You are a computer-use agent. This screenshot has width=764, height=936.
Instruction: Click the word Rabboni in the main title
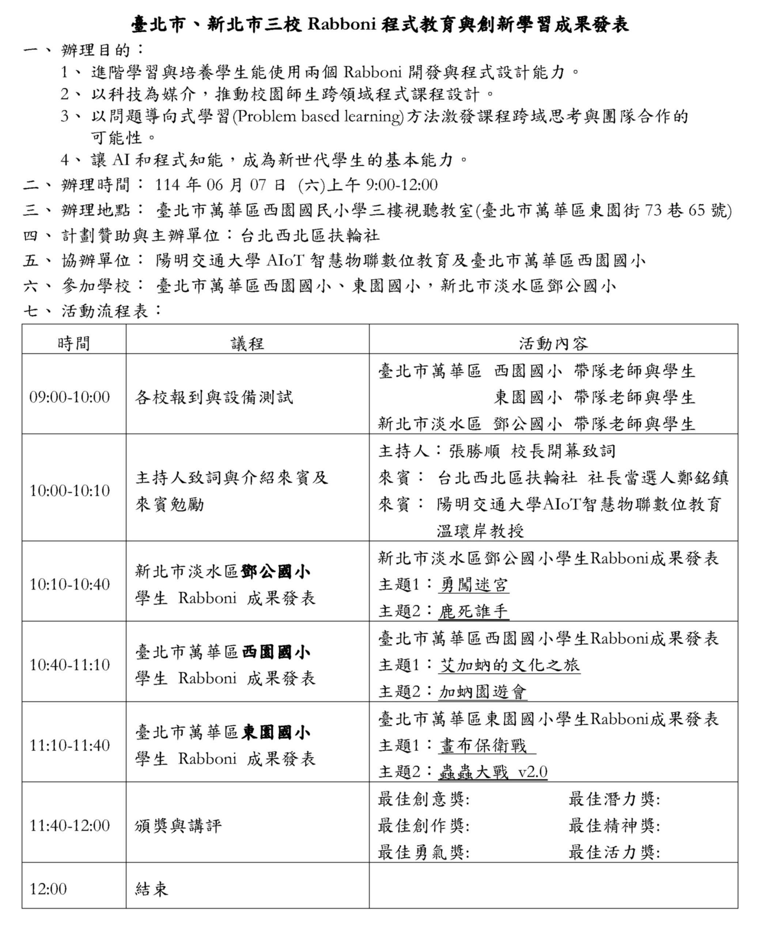[341, 24]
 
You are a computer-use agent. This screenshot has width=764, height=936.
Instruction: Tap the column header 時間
[73, 343]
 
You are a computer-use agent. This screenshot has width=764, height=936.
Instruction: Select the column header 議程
[247, 343]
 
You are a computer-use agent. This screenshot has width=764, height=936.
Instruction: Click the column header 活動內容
[553, 343]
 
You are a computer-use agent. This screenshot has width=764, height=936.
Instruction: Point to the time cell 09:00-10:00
[69, 397]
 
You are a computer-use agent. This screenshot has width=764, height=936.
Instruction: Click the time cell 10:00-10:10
[69, 490]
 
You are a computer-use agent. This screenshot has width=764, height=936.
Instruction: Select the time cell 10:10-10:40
[69, 584]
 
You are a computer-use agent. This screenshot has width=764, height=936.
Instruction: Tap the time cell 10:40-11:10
[69, 664]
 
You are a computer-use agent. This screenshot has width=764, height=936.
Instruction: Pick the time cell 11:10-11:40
[69, 745]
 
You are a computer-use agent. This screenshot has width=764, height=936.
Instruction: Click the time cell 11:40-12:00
[69, 826]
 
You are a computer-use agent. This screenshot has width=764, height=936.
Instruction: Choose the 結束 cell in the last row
[152, 889]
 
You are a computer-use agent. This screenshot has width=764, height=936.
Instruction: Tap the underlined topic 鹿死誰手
[473, 611]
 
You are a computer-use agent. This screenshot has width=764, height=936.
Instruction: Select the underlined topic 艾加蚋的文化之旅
[509, 665]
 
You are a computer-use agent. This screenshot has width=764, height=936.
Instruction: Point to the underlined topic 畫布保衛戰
[483, 746]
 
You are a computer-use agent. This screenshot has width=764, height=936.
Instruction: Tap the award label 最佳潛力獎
[614, 799]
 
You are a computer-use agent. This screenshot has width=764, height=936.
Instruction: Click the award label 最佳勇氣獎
[423, 853]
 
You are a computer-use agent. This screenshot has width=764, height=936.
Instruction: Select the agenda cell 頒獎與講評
[178, 826]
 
